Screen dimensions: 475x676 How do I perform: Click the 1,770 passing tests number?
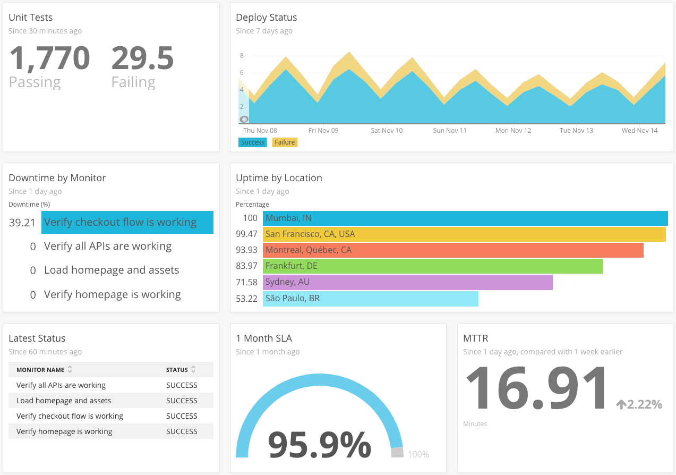(49, 58)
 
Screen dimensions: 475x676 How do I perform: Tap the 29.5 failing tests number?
(142, 58)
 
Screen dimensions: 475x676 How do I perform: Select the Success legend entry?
(252, 142)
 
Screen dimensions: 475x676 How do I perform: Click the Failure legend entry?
(285, 142)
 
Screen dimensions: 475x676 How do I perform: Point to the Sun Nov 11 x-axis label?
(449, 131)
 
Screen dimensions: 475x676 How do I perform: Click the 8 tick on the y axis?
(242, 56)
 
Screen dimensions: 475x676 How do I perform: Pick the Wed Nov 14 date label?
(639, 131)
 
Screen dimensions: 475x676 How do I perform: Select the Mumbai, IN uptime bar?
(465, 218)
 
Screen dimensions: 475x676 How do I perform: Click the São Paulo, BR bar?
(371, 299)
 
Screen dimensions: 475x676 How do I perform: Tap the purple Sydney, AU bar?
(407, 282)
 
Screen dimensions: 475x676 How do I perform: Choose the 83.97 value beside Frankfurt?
(246, 266)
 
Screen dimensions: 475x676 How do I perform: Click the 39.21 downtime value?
(22, 223)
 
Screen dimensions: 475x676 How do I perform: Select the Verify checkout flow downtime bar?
(127, 223)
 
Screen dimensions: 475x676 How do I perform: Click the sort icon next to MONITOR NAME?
(70, 370)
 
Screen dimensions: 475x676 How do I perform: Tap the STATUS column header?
(177, 370)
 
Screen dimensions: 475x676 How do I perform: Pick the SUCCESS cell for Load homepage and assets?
(182, 401)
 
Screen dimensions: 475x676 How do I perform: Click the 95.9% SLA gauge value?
(319, 445)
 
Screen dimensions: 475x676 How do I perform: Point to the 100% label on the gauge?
(418, 455)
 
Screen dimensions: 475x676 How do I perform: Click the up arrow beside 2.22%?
(621, 405)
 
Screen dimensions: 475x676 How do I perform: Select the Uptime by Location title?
(279, 178)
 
